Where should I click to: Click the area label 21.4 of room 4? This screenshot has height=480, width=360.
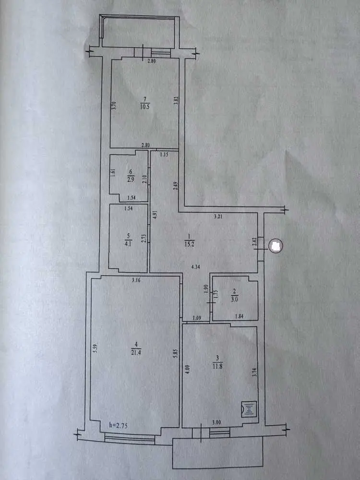pos(136,353)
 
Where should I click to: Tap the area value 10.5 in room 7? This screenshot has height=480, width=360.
pos(144,107)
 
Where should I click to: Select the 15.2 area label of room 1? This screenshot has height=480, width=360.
pos(189,244)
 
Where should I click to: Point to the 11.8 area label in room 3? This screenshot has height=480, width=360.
pos(217,365)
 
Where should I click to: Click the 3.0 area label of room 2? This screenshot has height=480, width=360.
pos(234,300)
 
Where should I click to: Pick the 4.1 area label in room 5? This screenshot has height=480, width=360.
pos(128,244)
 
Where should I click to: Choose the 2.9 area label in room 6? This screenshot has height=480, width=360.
pos(131,180)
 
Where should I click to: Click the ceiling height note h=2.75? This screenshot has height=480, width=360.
pos(118,425)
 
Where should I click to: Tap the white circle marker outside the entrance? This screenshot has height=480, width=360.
pos(276,246)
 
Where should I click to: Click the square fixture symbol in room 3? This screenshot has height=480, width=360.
pos(249,409)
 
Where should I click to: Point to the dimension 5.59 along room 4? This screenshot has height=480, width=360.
pos(95,348)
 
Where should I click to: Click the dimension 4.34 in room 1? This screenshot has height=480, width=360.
pos(195,266)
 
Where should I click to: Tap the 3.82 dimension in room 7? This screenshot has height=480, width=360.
pos(176,101)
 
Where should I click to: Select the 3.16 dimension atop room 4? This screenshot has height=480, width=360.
pos(136,279)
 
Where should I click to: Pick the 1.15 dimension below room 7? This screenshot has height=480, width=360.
pos(164,155)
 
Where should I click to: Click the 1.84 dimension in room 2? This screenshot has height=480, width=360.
pos(239,316)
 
